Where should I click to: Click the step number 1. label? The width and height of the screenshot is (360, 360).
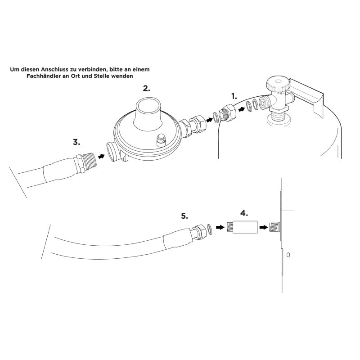[x=234, y=96]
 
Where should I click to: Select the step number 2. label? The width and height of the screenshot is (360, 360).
[x=147, y=88]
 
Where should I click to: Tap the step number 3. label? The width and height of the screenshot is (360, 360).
[x=76, y=142]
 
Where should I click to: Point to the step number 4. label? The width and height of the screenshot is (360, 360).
[x=244, y=213]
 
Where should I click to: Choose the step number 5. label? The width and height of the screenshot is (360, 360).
[x=184, y=216]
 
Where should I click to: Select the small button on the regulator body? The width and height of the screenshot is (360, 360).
[x=161, y=140]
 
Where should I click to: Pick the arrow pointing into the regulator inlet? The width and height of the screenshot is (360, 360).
[x=101, y=156]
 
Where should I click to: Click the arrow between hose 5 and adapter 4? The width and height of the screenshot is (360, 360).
[x=220, y=227]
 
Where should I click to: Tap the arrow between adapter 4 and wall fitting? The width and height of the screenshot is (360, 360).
[x=263, y=227]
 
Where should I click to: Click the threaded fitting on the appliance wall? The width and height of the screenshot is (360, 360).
[x=274, y=227]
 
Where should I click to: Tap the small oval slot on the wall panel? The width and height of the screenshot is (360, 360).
[x=288, y=255]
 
